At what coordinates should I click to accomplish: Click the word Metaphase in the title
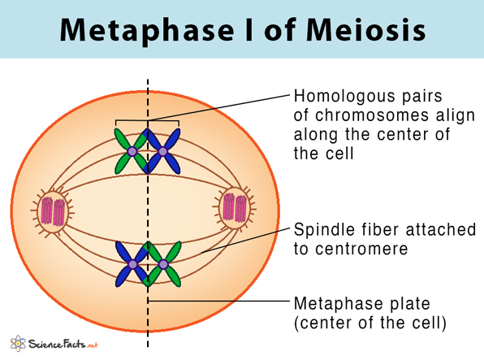pyautogui.click(x=147, y=30)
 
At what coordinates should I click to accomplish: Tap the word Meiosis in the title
pyautogui.click(x=366, y=30)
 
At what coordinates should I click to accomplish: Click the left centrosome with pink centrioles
pyautogui.click(x=53, y=211)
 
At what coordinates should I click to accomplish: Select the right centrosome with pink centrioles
pyautogui.click(x=235, y=207)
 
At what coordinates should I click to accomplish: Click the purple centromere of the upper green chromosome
pyautogui.click(x=132, y=151)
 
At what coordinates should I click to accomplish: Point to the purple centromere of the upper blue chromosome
pyautogui.click(x=162, y=151)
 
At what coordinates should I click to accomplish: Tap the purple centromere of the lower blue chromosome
pyautogui.click(x=132, y=265)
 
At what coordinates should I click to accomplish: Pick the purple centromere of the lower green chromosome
pyautogui.click(x=163, y=265)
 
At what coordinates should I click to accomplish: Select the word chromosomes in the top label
pyautogui.click(x=372, y=115)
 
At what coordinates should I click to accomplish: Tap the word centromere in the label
pyautogui.click(x=361, y=249)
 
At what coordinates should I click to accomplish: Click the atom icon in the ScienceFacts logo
pyautogui.click(x=18, y=343)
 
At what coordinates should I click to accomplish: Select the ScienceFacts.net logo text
pyautogui.click(x=63, y=344)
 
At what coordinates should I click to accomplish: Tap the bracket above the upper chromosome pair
pyautogui.click(x=147, y=120)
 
